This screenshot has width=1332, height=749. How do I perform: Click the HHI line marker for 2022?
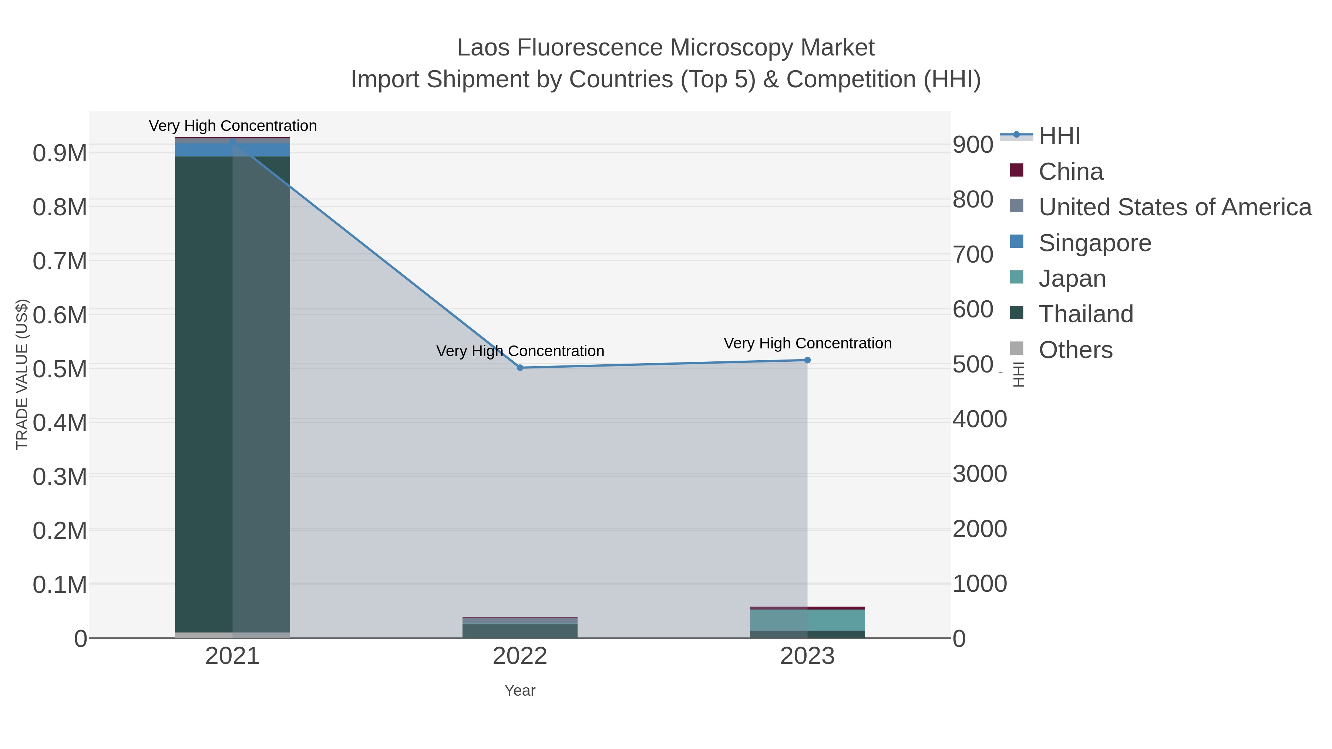520,368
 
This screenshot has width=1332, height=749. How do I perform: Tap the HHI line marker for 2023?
807,360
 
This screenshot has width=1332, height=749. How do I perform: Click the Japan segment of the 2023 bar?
807,620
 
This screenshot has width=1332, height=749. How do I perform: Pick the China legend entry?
1070,172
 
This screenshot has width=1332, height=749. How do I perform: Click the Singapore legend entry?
1095,243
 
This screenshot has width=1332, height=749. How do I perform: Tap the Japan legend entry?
1072,279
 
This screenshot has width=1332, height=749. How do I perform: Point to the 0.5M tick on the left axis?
60,369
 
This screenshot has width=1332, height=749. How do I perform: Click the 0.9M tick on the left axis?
60,153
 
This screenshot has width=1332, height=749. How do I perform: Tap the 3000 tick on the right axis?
979,474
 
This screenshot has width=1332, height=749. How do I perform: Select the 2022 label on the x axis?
520,657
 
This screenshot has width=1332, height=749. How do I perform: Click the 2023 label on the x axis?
807,657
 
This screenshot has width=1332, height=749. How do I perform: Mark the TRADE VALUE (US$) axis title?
22,374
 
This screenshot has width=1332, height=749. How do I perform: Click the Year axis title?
520,691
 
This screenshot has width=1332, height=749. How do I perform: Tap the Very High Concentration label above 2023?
807,343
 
